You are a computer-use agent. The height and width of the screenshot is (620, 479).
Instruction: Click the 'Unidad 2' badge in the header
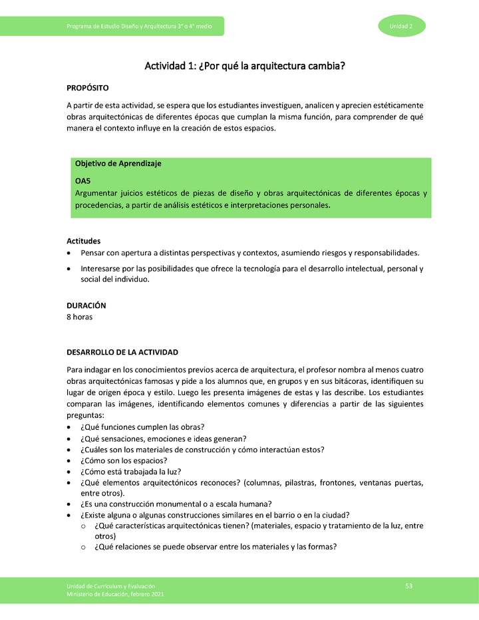coord(402,26)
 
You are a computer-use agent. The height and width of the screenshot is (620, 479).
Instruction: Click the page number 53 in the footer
coord(409,585)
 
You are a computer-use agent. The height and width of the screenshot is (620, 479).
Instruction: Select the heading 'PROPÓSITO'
coord(87,88)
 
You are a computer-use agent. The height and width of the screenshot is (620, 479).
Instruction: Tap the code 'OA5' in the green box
coord(82,180)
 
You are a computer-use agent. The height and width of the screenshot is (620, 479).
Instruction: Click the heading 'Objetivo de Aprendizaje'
coord(118,163)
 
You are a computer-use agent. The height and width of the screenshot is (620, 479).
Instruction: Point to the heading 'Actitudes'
coord(83,241)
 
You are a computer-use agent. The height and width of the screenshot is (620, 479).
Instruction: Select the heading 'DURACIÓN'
coord(86,305)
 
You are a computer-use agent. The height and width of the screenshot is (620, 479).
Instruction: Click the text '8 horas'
coord(79,317)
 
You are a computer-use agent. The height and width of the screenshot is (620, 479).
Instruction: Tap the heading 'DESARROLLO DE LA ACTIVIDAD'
coord(122,352)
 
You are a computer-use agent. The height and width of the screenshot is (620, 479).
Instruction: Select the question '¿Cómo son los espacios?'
coord(123,460)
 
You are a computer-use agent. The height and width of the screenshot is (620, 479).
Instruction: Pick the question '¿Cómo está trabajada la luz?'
coord(130,472)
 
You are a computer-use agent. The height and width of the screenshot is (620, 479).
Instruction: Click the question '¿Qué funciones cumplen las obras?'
coord(142,426)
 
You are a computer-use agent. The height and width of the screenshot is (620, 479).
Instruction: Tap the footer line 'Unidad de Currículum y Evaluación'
coord(110,585)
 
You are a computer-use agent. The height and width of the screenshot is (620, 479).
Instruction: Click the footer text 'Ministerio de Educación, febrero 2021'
coord(114,594)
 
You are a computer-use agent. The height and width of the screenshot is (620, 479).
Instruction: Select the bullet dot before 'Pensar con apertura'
coord(70,253)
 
